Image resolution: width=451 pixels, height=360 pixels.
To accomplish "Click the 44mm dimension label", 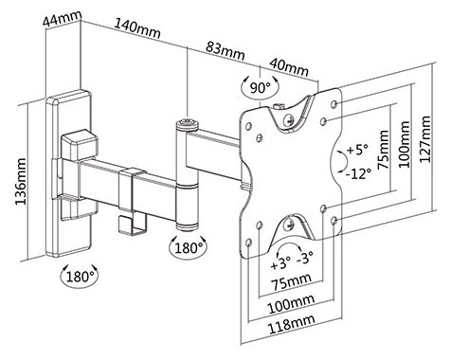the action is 63,19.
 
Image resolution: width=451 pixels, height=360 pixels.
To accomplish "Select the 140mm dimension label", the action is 137,28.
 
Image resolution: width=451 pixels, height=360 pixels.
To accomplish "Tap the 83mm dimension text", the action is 225,51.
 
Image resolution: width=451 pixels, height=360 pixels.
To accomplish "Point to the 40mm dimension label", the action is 289,67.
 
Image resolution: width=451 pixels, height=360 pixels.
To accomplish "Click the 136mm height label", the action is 21,181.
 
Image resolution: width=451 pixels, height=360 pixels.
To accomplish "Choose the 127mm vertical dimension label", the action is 425,139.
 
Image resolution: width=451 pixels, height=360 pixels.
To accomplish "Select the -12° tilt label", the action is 358,173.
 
